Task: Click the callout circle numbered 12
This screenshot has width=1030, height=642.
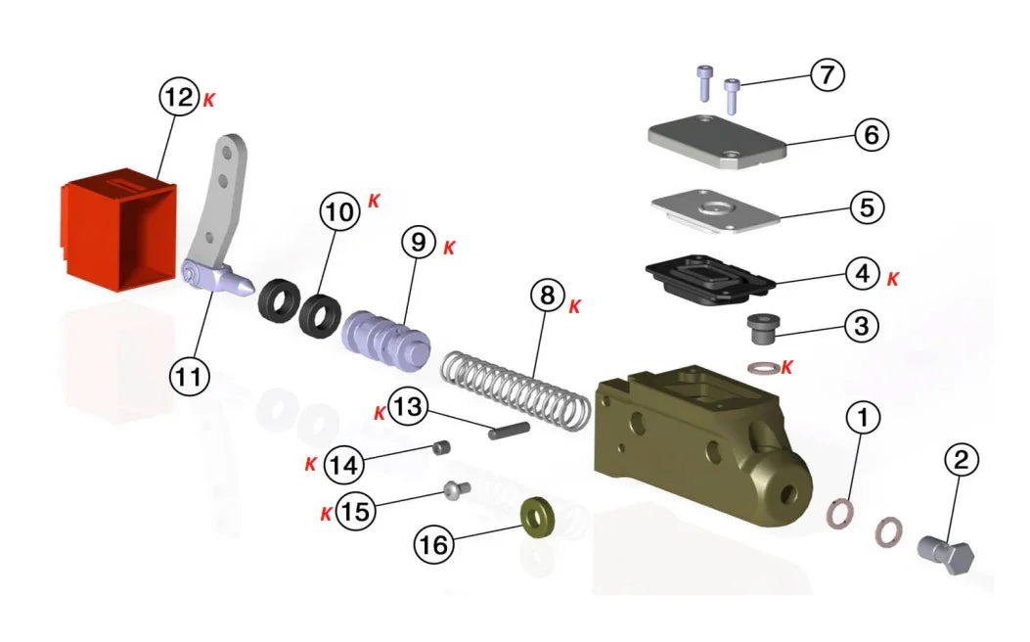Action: (179, 98)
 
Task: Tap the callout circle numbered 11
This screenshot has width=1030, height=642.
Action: (192, 375)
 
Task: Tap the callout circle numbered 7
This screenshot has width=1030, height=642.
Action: (827, 75)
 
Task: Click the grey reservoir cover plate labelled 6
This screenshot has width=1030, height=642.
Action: (718, 143)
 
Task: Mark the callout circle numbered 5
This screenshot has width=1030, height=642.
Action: (865, 207)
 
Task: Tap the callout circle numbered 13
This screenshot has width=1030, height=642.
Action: (408, 407)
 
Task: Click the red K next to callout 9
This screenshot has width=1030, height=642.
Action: (449, 247)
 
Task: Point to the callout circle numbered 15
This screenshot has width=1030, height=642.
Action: (356, 512)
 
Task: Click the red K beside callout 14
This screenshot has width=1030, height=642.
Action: (310, 464)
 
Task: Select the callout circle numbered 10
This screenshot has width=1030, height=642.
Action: (339, 213)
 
